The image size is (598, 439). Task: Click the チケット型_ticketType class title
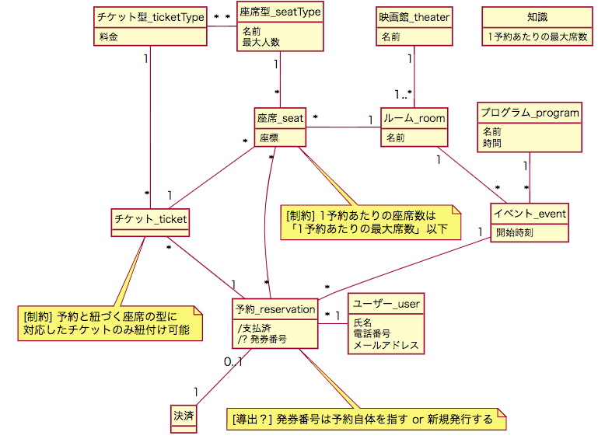(x=149, y=17)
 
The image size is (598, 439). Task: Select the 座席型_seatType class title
(x=279, y=12)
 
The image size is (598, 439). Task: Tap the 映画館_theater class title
(x=414, y=17)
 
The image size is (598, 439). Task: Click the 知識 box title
(x=537, y=17)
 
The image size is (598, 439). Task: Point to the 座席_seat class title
(x=280, y=118)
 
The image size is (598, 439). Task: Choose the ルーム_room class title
(x=414, y=118)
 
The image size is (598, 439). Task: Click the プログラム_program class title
(x=530, y=113)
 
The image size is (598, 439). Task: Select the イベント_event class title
(x=530, y=213)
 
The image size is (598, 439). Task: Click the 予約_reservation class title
(x=275, y=308)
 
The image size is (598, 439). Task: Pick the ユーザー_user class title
(x=386, y=303)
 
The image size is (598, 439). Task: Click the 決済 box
(x=184, y=416)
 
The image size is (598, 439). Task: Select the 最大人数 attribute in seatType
(x=261, y=43)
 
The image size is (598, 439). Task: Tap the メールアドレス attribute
(x=386, y=345)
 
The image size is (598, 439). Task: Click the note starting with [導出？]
(x=363, y=419)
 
